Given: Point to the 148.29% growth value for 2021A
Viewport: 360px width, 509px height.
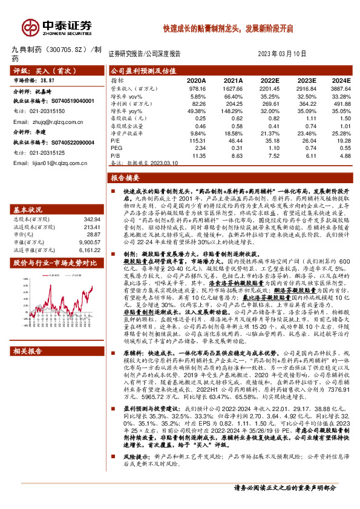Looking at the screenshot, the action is (232, 111).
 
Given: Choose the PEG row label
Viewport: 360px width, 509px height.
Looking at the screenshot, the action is (116, 148).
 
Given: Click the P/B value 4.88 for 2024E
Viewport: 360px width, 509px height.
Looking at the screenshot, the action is (344, 155).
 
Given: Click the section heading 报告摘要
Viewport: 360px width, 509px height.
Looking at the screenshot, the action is (125, 178).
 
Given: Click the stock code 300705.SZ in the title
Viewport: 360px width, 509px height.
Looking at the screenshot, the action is (65, 50).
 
